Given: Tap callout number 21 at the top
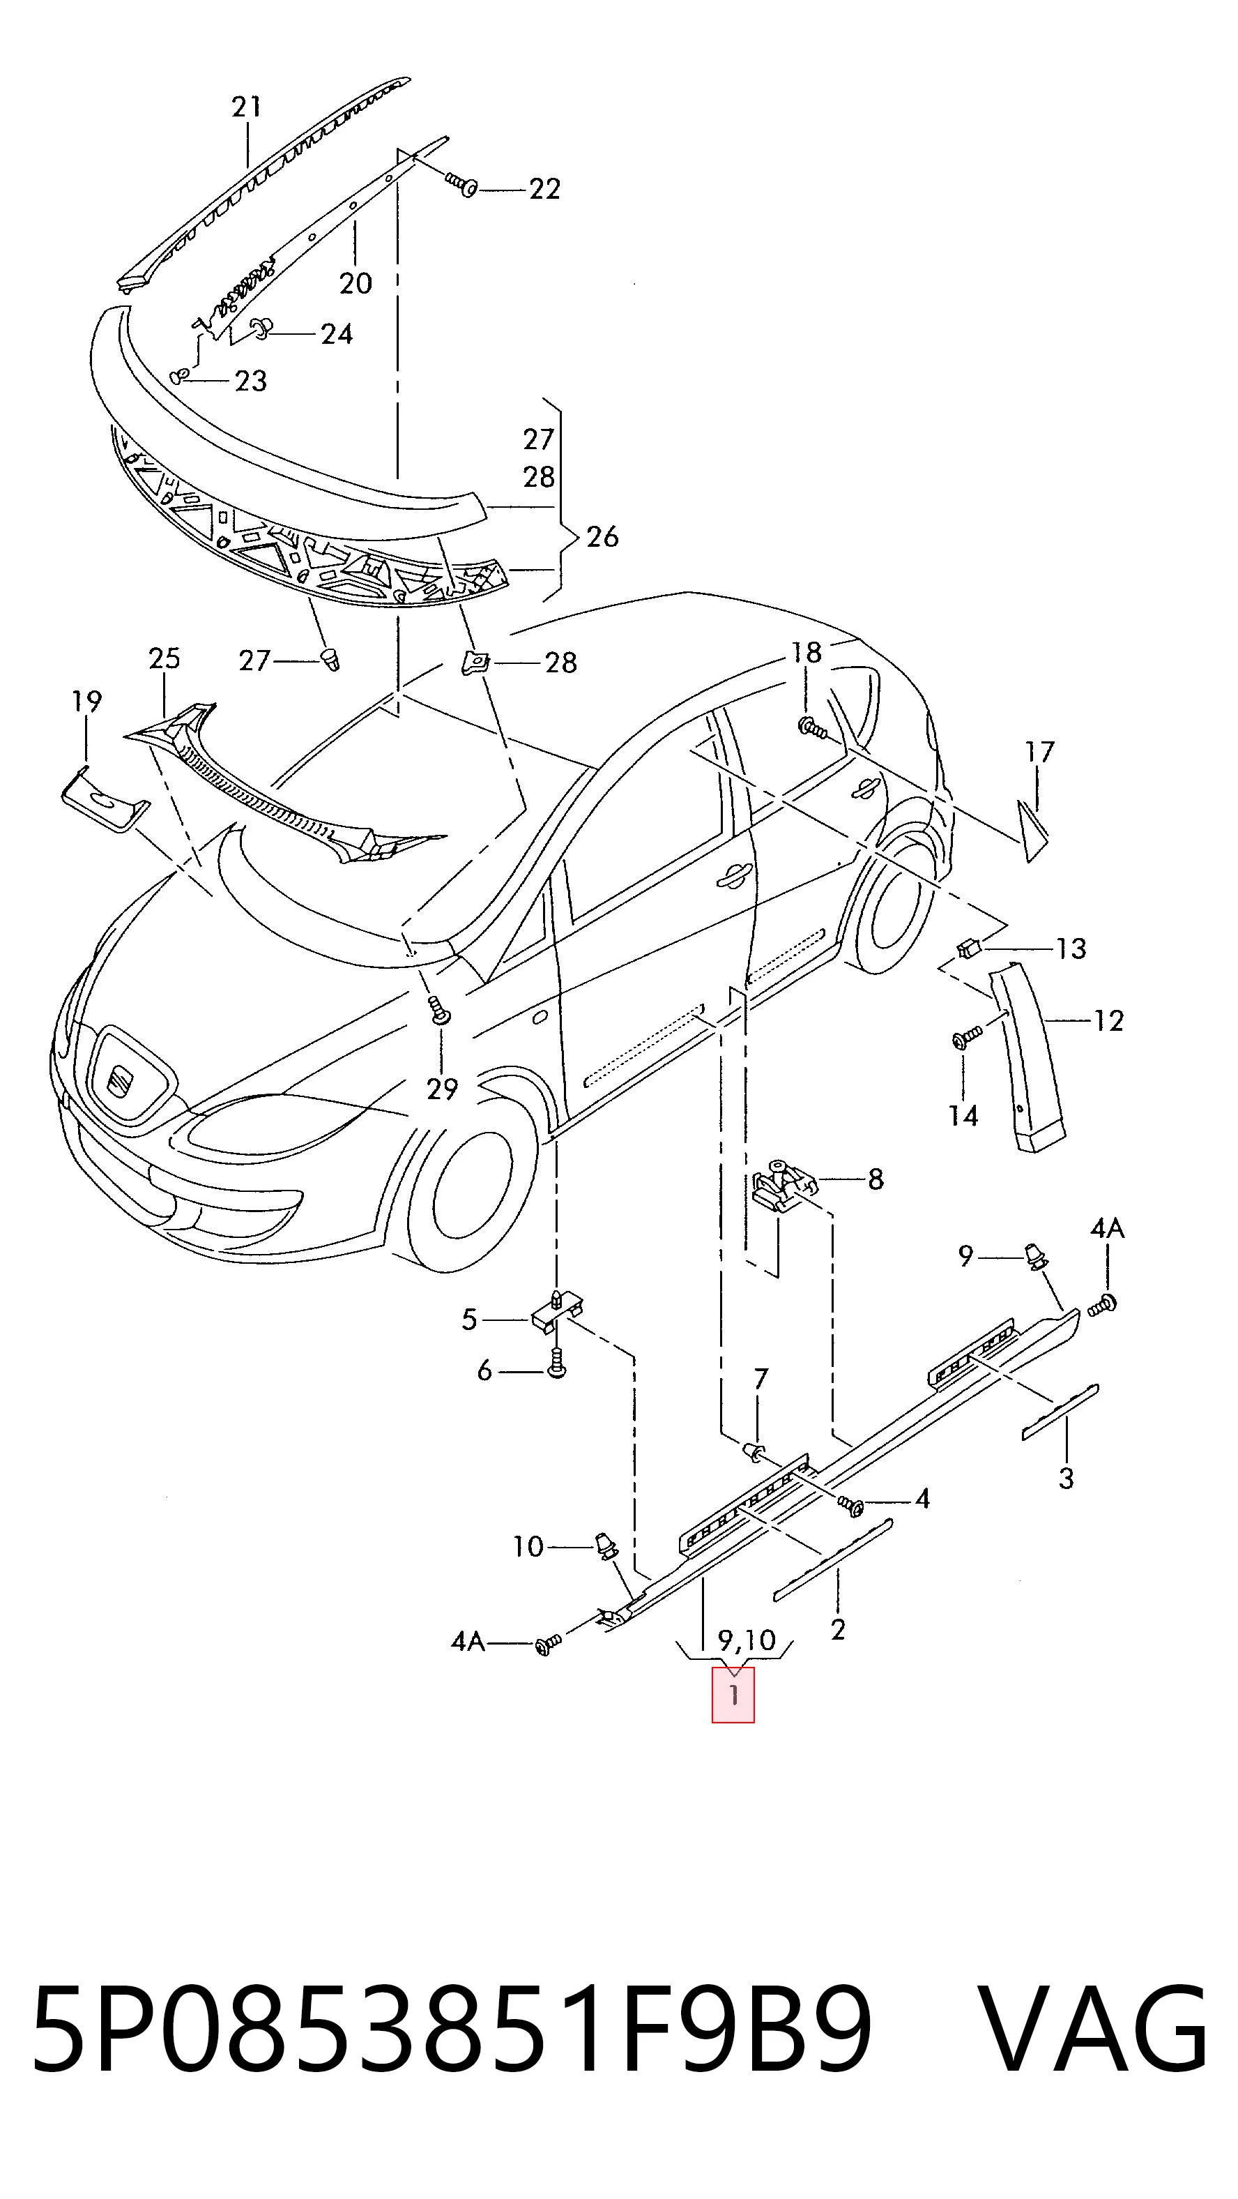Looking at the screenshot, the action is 247,107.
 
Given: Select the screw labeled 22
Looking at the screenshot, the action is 461,183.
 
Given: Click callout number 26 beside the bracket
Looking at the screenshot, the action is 602,536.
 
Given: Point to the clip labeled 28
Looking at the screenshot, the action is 476,662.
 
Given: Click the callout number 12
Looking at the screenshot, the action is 1108,1020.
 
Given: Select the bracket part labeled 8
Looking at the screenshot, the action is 784,1185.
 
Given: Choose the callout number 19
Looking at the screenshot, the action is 86,702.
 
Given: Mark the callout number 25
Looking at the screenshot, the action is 165,658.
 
